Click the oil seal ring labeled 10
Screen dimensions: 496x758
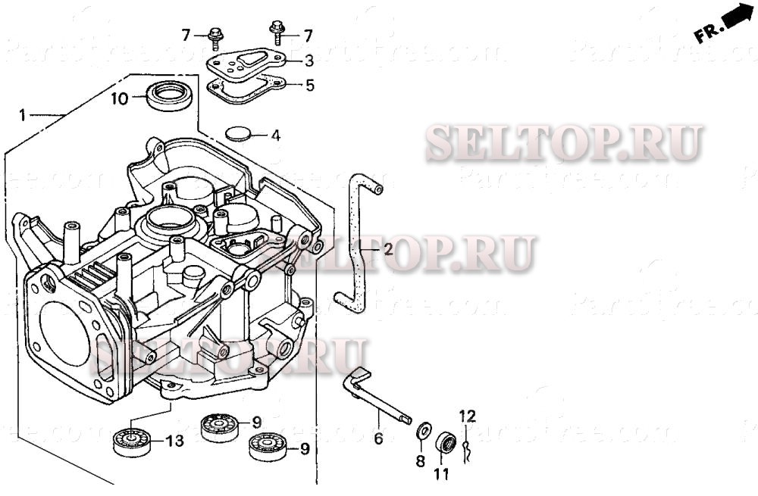[x=168, y=96]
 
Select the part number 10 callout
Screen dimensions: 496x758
[x=120, y=98]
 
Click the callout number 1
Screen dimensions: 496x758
[x=23, y=115]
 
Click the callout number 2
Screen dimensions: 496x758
[x=387, y=249]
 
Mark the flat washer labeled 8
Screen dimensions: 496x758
[x=423, y=432]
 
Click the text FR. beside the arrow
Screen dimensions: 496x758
[x=706, y=33]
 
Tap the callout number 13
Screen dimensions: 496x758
[x=174, y=441]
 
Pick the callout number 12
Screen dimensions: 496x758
[x=467, y=416]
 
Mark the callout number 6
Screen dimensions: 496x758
[x=377, y=438]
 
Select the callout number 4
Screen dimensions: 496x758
[x=275, y=136]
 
